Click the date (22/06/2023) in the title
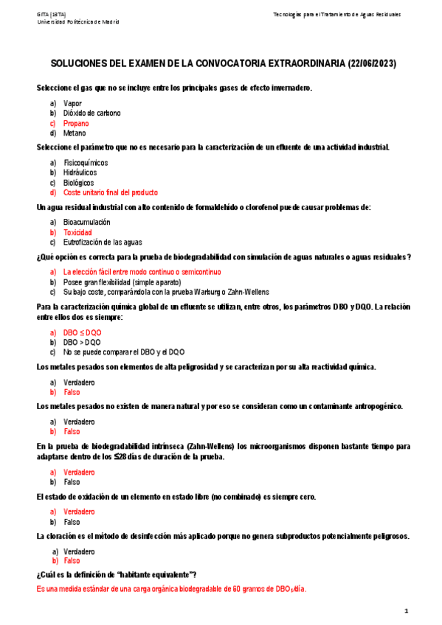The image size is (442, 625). tap(371, 64)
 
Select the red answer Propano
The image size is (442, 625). tap(76, 123)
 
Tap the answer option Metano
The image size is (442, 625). tap(75, 133)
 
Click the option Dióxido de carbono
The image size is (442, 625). tap(92, 113)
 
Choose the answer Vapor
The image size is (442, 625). tap(73, 102)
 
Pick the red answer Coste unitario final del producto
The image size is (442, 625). tap(111, 192)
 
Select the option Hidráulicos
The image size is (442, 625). tap(80, 172)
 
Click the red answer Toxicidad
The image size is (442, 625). tap(77, 232)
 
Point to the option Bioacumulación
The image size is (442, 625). tap(87, 222)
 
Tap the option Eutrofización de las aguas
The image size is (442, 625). tap(103, 242)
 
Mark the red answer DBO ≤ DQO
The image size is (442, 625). tap(83, 332)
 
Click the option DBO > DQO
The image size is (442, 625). tap(83, 342)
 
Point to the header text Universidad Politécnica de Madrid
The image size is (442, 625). tap(78, 21)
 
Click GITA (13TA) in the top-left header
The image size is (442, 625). tap(52, 14)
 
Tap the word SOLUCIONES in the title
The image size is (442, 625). tap(80, 64)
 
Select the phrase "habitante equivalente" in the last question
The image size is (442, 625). tap(152, 574)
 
